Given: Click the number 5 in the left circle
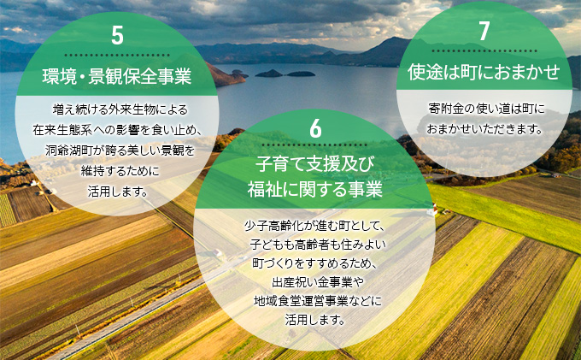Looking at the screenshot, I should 117,35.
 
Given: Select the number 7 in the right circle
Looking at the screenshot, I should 484,32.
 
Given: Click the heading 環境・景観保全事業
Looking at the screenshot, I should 117,77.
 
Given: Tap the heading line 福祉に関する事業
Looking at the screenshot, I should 315,187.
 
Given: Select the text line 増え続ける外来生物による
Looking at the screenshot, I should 117,110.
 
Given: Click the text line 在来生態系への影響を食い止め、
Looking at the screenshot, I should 117,130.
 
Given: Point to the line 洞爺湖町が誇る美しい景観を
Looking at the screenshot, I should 117,150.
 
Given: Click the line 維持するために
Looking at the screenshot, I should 117,170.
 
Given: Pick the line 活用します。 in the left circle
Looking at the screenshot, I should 117,190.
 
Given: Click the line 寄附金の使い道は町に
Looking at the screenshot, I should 484,109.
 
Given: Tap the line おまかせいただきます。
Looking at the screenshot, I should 484,129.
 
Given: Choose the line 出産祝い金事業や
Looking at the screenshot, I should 315,282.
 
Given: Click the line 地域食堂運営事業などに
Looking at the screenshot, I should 315,302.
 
